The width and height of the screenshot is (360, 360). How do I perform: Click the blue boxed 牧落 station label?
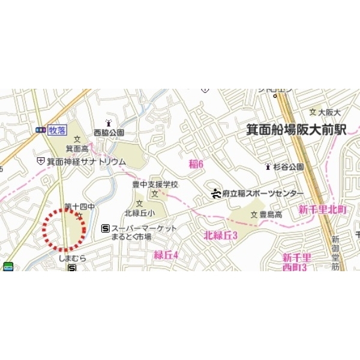tap(58, 129)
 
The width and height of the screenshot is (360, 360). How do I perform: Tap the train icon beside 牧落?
tap(41, 129)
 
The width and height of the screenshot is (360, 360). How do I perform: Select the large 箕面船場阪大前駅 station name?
tap(296, 130)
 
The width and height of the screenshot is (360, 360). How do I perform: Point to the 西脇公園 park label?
tap(109, 133)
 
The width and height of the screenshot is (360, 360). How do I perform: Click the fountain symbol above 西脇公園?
tap(109, 124)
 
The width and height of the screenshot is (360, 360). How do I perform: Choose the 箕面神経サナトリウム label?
tap(86, 162)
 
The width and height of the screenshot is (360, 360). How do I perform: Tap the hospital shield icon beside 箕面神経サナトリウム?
tap(40, 161)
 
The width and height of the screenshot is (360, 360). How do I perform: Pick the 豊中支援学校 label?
tap(155, 184)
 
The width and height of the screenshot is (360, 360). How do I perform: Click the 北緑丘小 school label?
tap(139, 212)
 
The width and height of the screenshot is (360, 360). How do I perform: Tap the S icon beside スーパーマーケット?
tap(106, 228)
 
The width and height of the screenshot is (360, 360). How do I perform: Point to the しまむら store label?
tap(73, 258)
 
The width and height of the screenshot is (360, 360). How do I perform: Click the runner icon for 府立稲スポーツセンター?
tap(216, 193)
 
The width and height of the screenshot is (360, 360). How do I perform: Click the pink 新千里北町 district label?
tap(323, 209)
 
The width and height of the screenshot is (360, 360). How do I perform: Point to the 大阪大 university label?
tap(329, 112)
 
